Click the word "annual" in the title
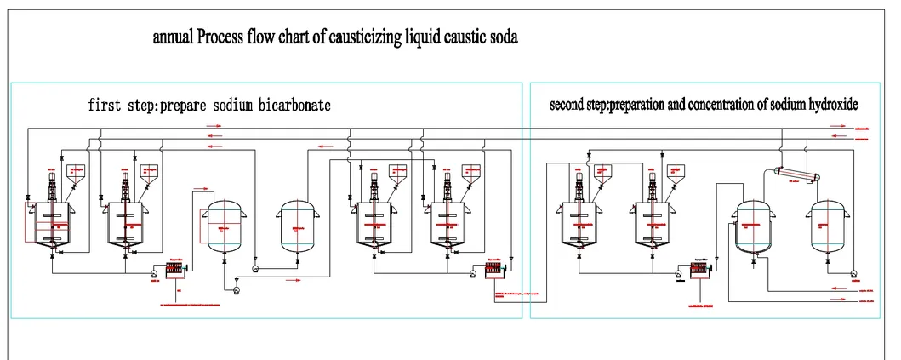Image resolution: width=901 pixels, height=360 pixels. point(174,38)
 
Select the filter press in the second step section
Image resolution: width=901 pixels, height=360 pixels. point(700,271)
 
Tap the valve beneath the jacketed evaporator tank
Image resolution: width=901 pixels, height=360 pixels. point(753,264)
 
